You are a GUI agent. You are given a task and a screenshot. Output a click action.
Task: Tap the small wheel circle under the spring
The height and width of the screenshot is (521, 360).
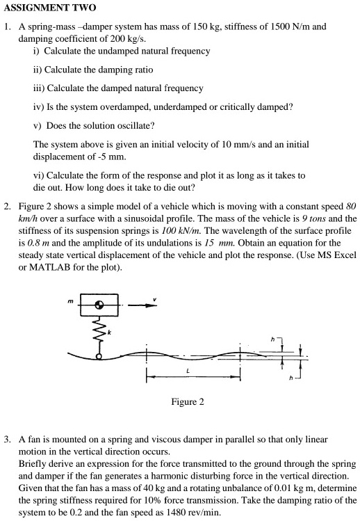pos(99,355)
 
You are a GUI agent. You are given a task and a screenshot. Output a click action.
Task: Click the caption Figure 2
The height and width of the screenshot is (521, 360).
pos(187,402)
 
